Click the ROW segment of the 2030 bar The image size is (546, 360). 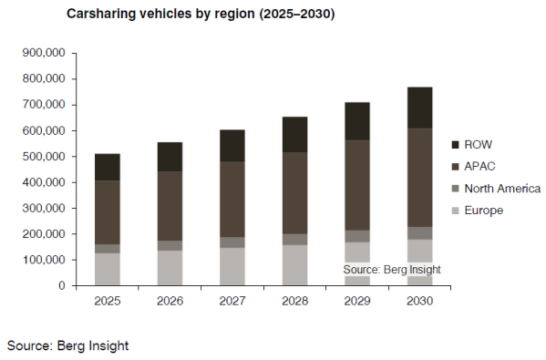click(420, 108)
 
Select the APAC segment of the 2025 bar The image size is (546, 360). click(108, 212)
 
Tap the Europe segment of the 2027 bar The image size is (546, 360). click(232, 267)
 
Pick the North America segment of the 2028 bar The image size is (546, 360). click(295, 239)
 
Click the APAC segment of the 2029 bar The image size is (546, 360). click(357, 185)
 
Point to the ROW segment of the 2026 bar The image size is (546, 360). click(170, 157)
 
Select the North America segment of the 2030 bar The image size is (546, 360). click(420, 233)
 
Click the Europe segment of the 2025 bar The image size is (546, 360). click(108, 270)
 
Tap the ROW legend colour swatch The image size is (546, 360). click(455, 145)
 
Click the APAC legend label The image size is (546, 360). click(479, 167)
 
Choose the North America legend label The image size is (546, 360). click(502, 189)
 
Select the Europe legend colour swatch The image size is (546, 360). click(455, 211)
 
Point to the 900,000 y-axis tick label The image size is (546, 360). click(44, 53)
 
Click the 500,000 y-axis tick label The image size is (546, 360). click(44, 157)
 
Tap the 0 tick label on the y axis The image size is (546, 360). click(62, 286)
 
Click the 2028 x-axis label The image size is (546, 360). click(295, 301)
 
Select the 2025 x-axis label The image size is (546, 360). click(108, 301)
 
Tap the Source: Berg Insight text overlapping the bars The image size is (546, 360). click(392, 270)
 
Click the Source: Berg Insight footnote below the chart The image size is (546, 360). click(67, 345)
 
